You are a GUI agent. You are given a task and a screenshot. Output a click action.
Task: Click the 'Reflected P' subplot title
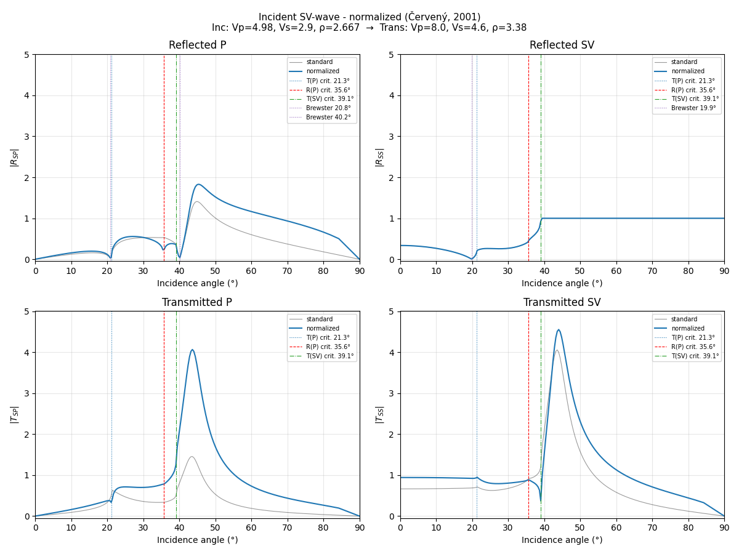pos(197,45)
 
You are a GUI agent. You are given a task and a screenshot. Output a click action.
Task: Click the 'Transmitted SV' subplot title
pos(562,302)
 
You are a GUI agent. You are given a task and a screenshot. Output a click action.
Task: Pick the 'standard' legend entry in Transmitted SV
pos(684,319)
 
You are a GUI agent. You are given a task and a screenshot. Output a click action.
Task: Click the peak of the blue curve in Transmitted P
pos(192,350)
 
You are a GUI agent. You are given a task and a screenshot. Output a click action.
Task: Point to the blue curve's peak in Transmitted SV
pos(559,329)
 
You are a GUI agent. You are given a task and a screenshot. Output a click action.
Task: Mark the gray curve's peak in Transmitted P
pos(192,457)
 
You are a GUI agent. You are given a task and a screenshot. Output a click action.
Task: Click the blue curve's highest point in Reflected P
pos(198,184)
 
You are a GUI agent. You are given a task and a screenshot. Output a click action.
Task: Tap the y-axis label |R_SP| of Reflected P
pos(14,157)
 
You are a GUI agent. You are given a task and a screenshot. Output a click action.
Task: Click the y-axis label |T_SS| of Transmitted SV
pos(379,414)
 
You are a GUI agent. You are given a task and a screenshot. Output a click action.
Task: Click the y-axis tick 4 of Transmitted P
pos(27,352)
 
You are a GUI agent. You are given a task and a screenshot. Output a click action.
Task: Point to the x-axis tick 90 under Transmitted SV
pos(724,528)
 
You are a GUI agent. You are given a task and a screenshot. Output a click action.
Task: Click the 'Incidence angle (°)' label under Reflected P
pos(197,283)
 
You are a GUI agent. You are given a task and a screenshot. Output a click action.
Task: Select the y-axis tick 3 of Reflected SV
pos(392,137)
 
